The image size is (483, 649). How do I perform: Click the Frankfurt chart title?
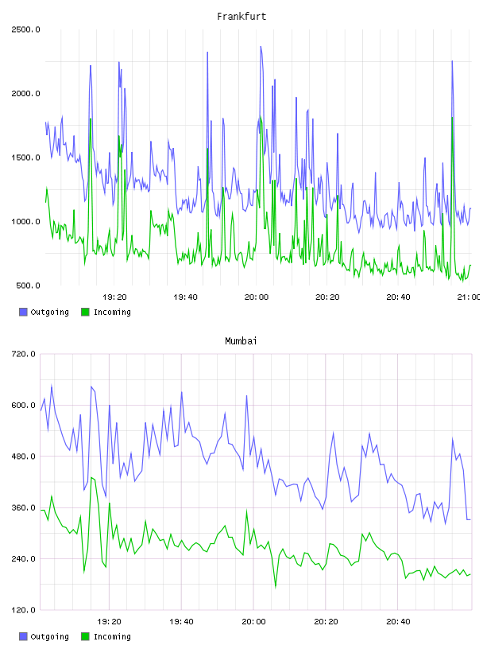pos(241,17)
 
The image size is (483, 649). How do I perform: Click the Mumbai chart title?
pos(241,341)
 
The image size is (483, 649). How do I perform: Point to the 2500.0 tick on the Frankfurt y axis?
pos(25,29)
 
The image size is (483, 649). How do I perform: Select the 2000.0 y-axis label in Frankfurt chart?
pos(25,94)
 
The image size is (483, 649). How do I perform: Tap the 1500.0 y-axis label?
pos(25,157)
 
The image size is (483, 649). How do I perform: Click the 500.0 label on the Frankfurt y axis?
pos(28,286)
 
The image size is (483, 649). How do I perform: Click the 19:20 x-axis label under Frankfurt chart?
pos(114,297)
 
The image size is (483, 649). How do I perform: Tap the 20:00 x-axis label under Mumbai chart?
pos(253,622)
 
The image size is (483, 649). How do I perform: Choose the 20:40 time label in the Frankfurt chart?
pos(398,297)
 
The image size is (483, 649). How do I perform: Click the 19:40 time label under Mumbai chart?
pos(181,622)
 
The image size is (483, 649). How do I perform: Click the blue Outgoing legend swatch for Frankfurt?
pos(23,312)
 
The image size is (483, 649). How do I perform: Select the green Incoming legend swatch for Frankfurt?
pos(85,312)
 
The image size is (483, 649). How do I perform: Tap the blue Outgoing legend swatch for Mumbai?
pos(23,636)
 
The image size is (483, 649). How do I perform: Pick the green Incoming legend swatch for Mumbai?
pos(85,636)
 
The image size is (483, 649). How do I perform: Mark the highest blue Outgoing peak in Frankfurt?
pos(261,47)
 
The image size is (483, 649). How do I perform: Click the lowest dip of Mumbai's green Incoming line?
pos(276,587)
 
